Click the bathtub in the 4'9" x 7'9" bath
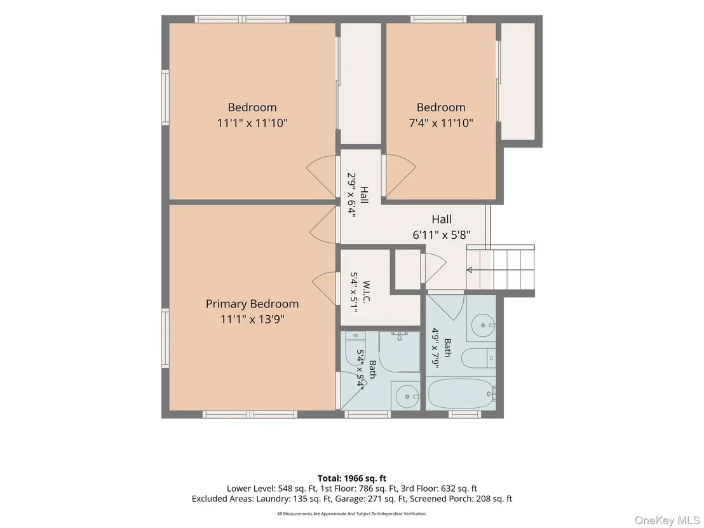click(x=461, y=393)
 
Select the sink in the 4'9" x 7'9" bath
click(x=483, y=325)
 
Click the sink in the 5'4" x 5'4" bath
click(x=406, y=396)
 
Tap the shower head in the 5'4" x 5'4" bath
click(x=399, y=333)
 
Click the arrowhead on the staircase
click(x=470, y=270)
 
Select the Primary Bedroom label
click(x=252, y=304)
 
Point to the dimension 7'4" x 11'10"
click(x=441, y=123)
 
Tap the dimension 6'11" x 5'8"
click(x=442, y=234)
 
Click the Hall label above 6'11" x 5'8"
click(x=442, y=219)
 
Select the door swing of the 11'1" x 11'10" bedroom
click(x=322, y=177)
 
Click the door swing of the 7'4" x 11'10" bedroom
click(x=400, y=175)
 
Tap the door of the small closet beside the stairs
click(x=434, y=268)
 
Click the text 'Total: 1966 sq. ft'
click(x=351, y=478)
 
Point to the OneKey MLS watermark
click(x=667, y=520)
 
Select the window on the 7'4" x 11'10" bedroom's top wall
click(x=438, y=19)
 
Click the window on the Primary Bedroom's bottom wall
click(x=250, y=414)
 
